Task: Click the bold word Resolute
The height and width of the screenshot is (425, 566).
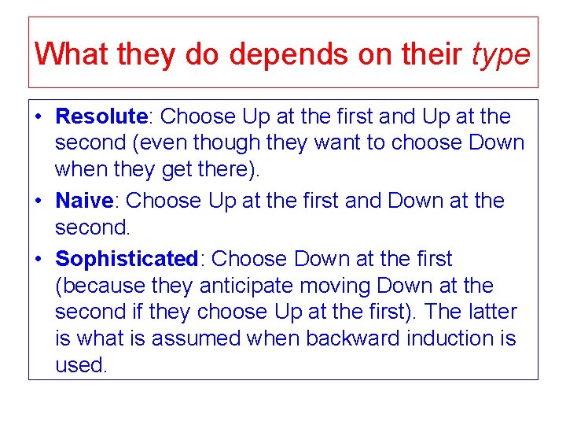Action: point(101,117)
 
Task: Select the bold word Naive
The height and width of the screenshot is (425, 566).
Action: point(84,201)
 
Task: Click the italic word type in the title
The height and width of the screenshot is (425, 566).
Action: point(501,54)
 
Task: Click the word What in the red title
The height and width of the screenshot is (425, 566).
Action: point(72,54)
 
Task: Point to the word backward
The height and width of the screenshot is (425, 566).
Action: point(354,338)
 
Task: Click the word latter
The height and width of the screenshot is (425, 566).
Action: point(492,312)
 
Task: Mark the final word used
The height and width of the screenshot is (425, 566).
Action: point(80,365)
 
